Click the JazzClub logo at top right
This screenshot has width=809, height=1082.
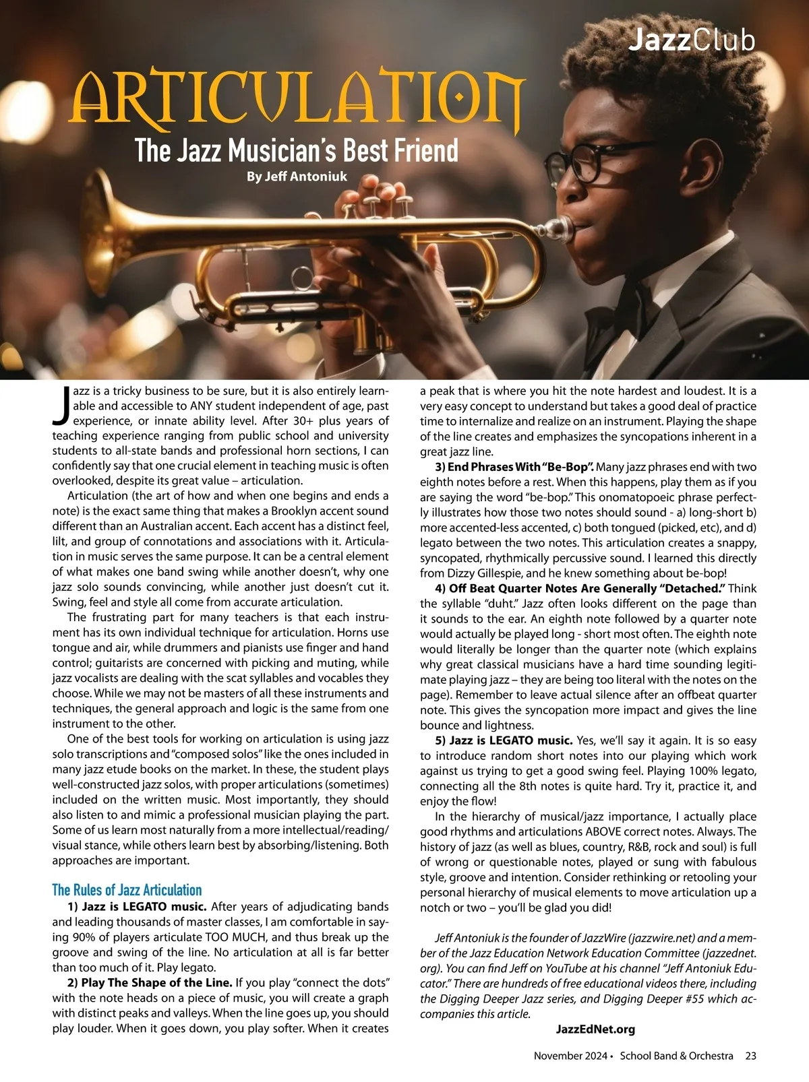(692, 40)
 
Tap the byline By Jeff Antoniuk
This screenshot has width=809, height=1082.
(297, 177)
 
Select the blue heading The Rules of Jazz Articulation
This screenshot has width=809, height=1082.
(127, 890)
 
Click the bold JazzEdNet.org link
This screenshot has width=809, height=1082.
(595, 1029)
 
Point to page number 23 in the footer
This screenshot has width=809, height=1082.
(750, 1056)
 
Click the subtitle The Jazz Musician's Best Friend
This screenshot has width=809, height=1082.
(297, 150)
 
